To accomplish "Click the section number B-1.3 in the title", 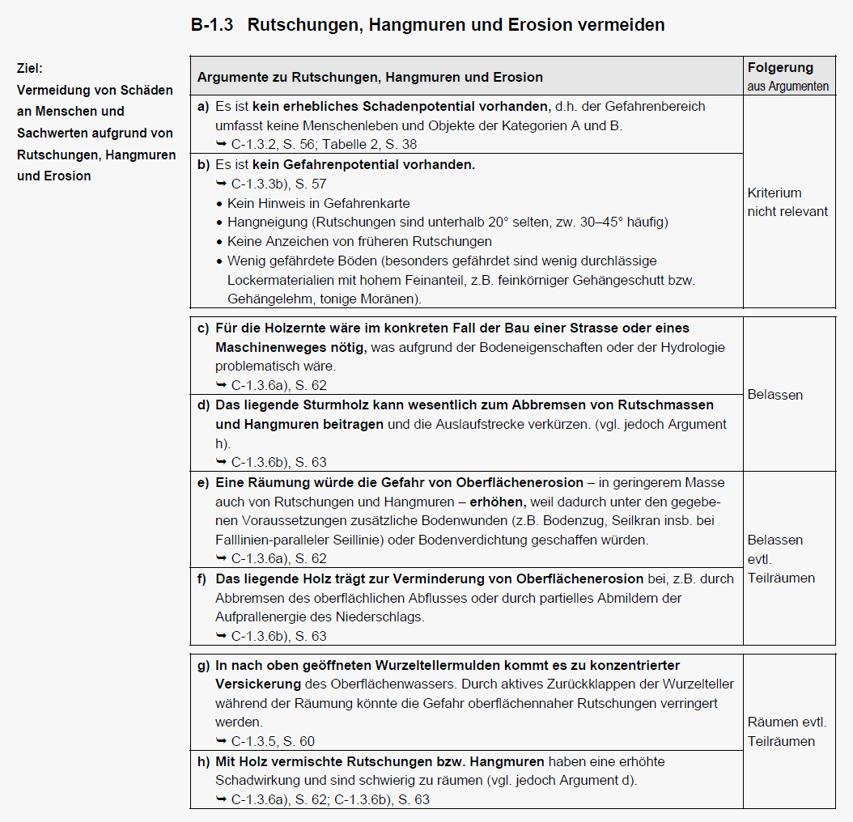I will click(212, 25).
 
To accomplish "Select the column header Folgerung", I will click(780, 68).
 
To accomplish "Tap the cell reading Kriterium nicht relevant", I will click(787, 202).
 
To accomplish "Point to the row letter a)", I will click(202, 106).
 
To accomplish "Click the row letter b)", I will click(202, 164).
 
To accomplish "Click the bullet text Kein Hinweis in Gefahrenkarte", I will click(318, 203).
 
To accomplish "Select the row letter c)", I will click(202, 328).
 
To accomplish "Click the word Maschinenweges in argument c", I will click(265, 347).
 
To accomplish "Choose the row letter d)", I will click(202, 405).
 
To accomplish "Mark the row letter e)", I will click(202, 482).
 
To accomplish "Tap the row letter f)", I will click(202, 578).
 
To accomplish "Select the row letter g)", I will click(202, 665).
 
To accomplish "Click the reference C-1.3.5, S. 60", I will click(272, 741).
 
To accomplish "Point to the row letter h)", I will click(202, 761).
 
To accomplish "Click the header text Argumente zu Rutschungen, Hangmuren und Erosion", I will click(370, 77).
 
